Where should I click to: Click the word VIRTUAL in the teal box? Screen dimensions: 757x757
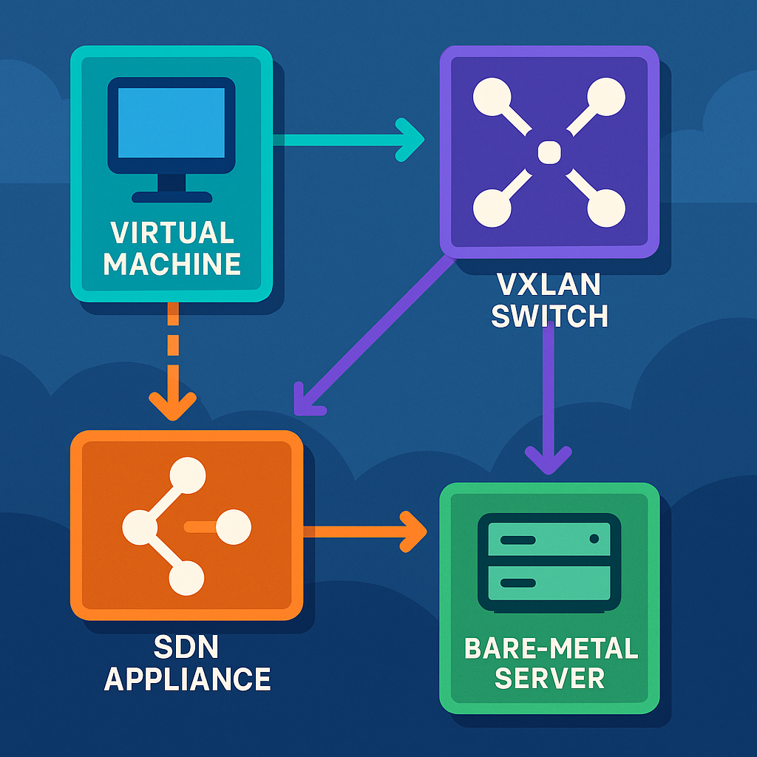point(172,232)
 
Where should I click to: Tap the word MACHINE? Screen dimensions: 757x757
point(172,264)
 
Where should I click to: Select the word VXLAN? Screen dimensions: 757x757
point(549,285)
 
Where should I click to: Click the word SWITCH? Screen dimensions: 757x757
point(549,316)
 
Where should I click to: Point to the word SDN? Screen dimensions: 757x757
point(186,647)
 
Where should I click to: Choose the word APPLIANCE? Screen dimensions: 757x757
point(186,679)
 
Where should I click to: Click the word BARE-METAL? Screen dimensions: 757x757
point(551,648)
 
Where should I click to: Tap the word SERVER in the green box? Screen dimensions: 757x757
point(551,679)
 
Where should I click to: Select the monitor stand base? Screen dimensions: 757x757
point(172,197)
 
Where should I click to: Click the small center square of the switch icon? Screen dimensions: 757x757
point(549,153)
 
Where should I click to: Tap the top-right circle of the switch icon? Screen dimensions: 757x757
point(605,98)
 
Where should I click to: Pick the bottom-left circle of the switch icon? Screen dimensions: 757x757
point(492,208)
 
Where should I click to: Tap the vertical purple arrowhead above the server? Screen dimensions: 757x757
point(548,460)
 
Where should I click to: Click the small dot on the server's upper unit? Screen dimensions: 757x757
point(594,540)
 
